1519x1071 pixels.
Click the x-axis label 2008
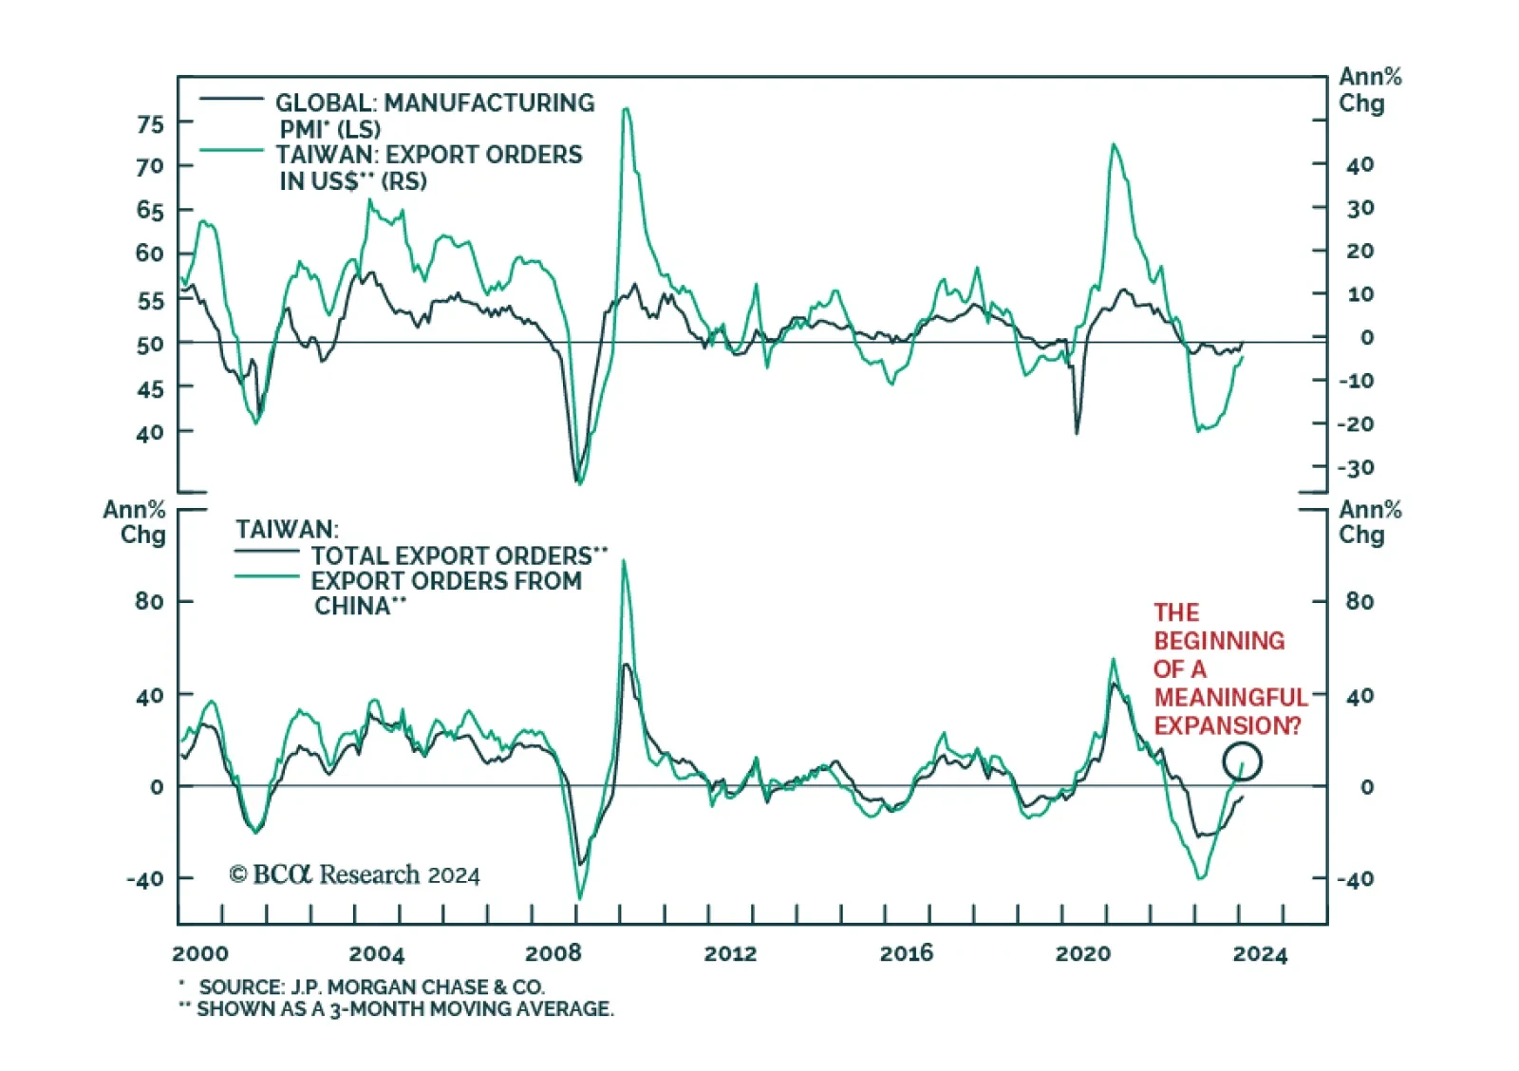click(553, 953)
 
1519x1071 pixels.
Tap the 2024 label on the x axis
click(1260, 953)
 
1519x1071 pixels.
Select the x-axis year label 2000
click(200, 953)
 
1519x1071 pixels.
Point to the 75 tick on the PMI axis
click(150, 124)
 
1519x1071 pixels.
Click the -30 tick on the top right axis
click(1356, 468)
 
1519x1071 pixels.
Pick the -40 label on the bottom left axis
click(145, 879)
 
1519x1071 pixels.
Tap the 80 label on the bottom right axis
click(1360, 601)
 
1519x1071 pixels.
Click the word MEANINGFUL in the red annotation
click(1230, 698)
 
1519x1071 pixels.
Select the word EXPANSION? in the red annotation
click(1227, 726)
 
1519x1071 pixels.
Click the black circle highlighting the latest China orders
click(1242, 761)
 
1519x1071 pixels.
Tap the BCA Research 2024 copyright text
click(354, 874)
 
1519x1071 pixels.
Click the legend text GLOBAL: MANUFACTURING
click(435, 103)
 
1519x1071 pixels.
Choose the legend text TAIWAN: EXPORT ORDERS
click(429, 155)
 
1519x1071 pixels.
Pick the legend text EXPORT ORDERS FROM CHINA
click(446, 581)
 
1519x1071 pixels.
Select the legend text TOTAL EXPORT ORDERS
click(452, 555)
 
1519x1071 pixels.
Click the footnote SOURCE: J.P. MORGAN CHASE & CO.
click(371, 987)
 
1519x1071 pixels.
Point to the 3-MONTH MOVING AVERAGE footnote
click(405, 1009)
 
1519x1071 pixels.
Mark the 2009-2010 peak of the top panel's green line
click(626, 109)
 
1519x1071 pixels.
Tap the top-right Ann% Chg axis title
click(1369, 90)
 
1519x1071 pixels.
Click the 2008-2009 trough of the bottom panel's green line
click(579, 897)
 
